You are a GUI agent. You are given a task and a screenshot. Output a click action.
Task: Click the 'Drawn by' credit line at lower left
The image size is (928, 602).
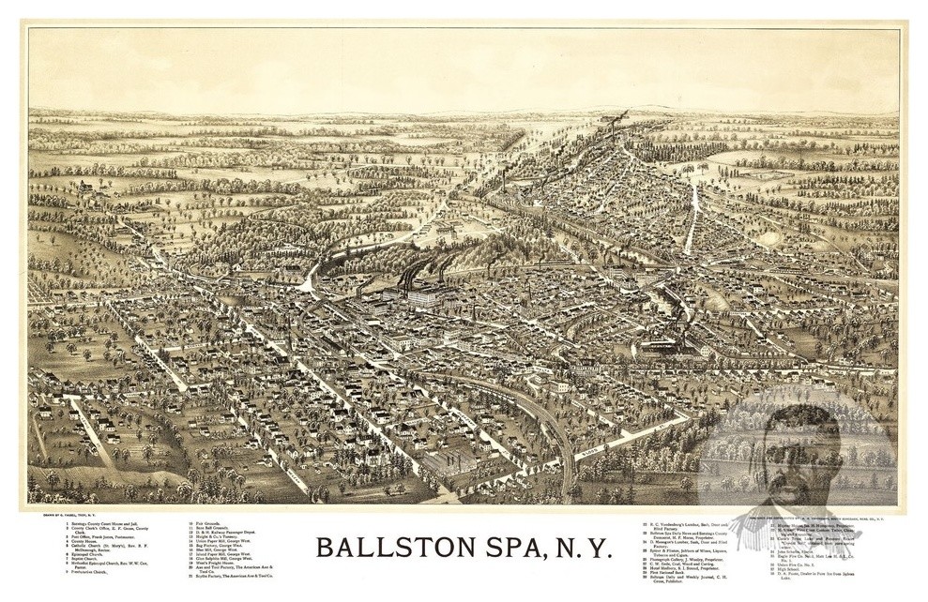point(67,516)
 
